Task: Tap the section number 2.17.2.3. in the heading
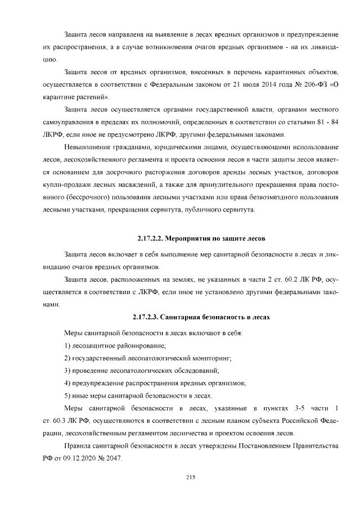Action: [149, 317]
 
